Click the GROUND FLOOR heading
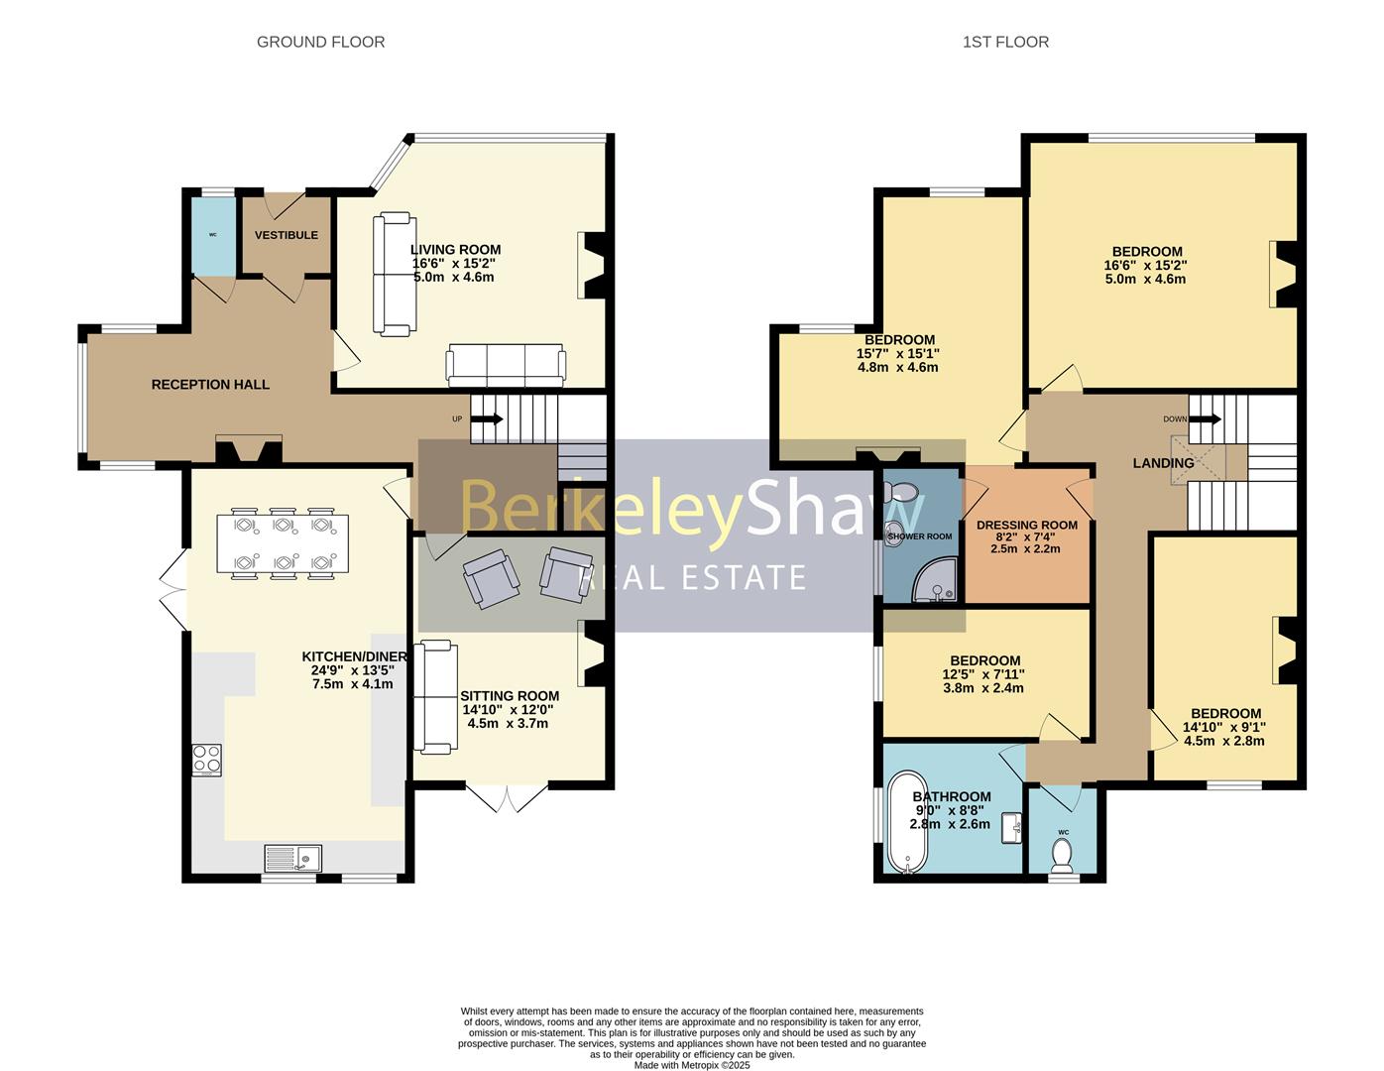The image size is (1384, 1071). click(x=320, y=42)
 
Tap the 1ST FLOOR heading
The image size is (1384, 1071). click(x=1005, y=42)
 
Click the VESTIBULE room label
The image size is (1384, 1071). click(x=287, y=235)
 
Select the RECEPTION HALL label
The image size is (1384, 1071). click(x=210, y=384)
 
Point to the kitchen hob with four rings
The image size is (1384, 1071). click(x=207, y=760)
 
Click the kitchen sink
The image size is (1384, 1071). click(x=293, y=858)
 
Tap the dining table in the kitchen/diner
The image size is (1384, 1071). click(x=283, y=543)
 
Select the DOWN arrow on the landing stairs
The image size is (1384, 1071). click(x=1207, y=419)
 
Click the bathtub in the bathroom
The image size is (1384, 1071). click(x=907, y=822)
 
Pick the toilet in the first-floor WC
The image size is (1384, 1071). click(x=1062, y=856)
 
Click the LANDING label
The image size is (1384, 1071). click(x=1163, y=463)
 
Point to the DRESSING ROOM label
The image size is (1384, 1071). click(x=1027, y=525)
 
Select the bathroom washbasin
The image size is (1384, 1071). click(x=1011, y=828)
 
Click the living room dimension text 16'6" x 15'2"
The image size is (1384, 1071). click(x=453, y=263)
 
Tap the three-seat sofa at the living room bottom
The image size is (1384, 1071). click(x=506, y=365)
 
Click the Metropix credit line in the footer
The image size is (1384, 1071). click(x=692, y=1065)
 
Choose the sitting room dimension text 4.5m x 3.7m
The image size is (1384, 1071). click(x=508, y=723)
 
